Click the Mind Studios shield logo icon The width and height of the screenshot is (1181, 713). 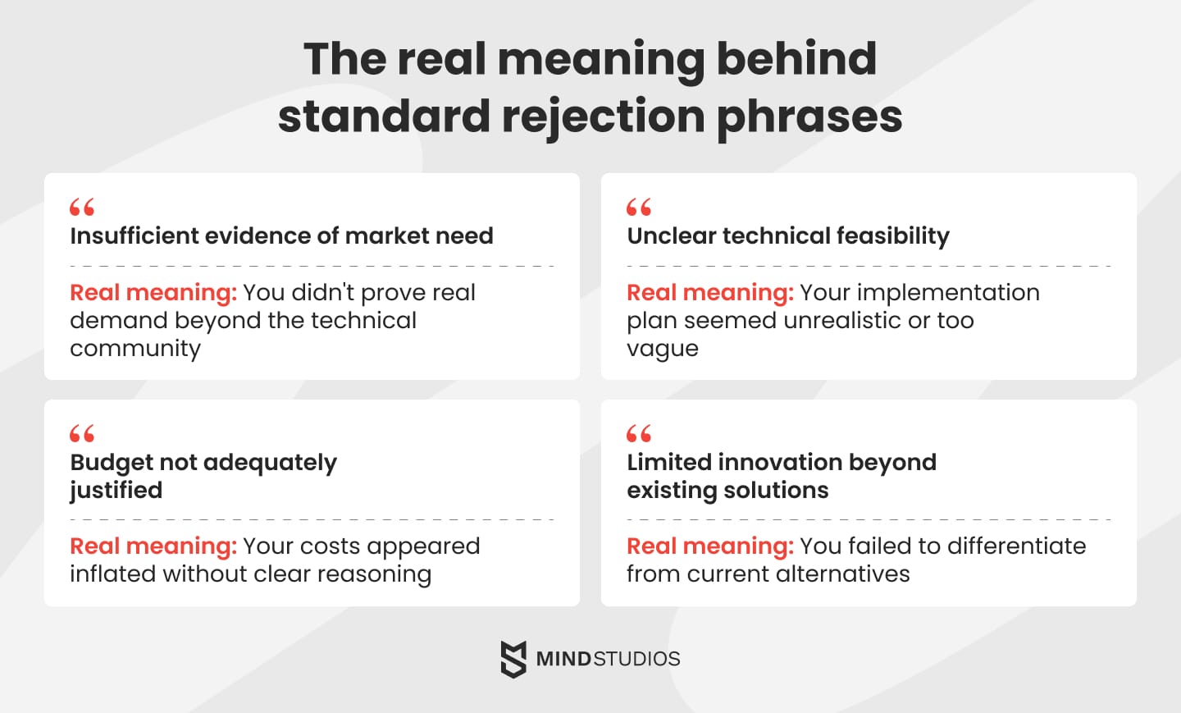coord(513,659)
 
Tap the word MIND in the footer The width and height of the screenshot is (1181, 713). coord(563,659)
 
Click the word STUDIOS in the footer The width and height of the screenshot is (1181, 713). coord(637,659)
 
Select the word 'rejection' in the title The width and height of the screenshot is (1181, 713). coord(603,117)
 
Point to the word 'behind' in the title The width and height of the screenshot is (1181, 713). coord(796,59)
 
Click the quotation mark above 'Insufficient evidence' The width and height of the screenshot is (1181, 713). coord(82,207)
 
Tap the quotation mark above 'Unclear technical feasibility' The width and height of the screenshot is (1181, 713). coord(639,207)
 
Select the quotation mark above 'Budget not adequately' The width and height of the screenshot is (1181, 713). coord(82,433)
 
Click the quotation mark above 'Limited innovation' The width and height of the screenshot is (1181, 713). coord(639,433)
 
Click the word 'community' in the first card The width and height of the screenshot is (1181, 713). coord(135,349)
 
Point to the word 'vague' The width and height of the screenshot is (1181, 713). coord(663,349)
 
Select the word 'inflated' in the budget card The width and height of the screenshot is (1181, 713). coord(113,574)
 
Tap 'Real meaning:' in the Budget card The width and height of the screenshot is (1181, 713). coord(153,546)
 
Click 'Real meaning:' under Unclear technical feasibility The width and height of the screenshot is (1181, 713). coord(710,293)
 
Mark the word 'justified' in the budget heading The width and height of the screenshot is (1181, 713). coord(116,491)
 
